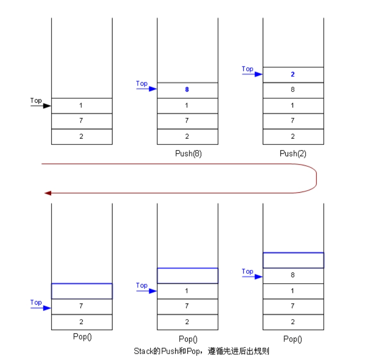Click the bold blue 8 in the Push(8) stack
[187, 90]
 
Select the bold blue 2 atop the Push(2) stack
[293, 74]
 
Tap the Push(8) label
[188, 153]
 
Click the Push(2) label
[293, 153]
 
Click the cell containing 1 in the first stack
[81, 106]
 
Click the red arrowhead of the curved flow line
[47, 193]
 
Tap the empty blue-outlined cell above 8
[293, 260]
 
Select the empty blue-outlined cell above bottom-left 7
[82, 291]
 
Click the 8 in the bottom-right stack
[293, 275]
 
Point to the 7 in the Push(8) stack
[187, 121]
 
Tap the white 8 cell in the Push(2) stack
[293, 90]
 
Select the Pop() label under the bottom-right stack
[293, 339]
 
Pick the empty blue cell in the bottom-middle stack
[187, 275]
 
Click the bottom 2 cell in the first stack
[81, 136]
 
